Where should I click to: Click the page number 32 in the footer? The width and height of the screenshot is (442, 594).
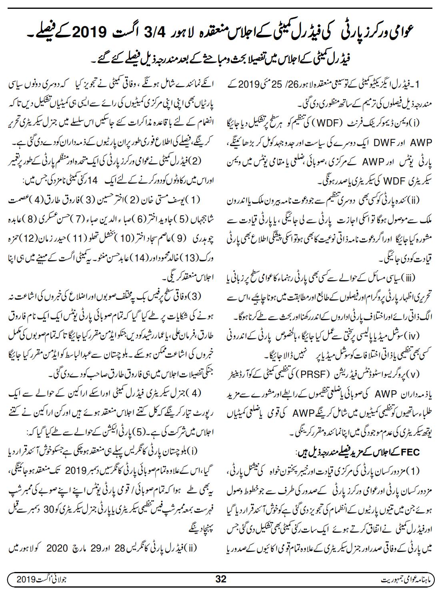[221, 579]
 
